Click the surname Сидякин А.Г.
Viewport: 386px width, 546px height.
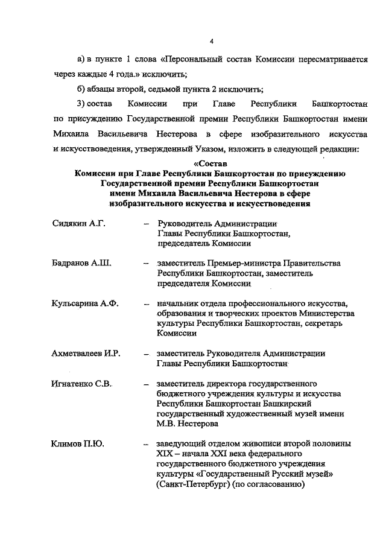pos(78,224)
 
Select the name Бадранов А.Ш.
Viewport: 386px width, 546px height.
pos(81,264)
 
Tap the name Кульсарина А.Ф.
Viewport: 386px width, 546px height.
pos(85,303)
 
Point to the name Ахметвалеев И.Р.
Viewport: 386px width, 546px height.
pos(86,353)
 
